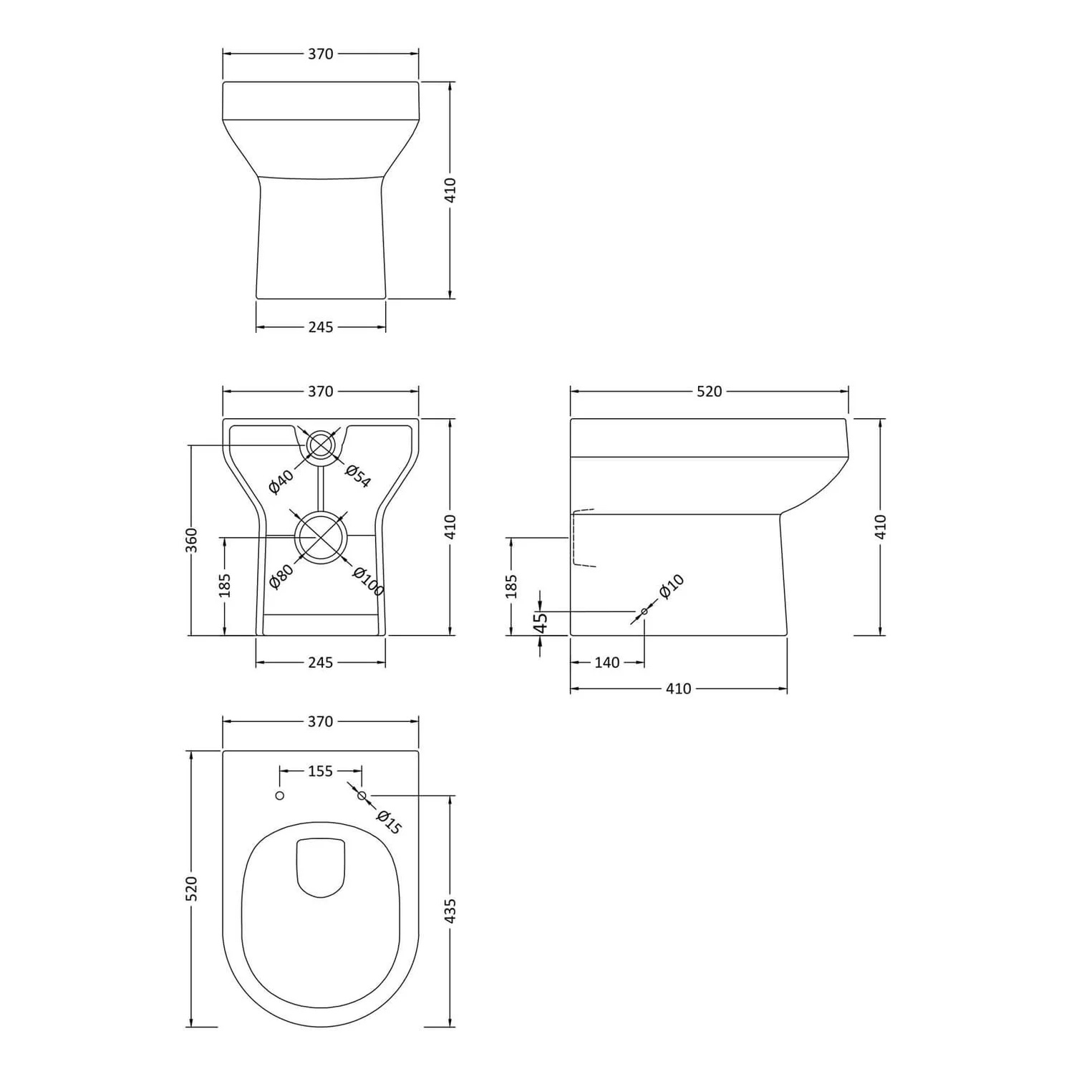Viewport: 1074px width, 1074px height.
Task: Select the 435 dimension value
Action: tap(450, 910)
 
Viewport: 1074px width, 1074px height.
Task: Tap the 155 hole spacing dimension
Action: tap(321, 771)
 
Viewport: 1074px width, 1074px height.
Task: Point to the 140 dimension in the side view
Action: tap(606, 662)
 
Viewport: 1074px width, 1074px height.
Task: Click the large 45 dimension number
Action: tap(541, 623)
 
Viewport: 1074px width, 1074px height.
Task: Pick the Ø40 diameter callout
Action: tap(281, 482)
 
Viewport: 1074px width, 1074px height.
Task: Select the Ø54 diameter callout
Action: tap(358, 476)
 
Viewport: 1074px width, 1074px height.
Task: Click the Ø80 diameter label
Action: tap(281, 576)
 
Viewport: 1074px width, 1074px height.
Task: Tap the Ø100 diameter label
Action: tap(369, 581)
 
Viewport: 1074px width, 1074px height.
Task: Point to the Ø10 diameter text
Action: tap(671, 587)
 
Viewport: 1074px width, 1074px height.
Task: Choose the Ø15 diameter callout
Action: tap(389, 822)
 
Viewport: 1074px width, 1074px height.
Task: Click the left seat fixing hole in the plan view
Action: tap(280, 795)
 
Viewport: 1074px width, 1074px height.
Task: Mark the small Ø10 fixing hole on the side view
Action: tap(644, 611)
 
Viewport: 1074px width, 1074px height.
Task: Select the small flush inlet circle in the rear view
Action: tap(321, 445)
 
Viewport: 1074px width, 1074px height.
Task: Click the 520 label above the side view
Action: tap(709, 392)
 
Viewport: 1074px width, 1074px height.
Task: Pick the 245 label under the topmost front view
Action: tap(321, 327)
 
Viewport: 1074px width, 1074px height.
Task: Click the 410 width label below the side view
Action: tap(678, 689)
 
